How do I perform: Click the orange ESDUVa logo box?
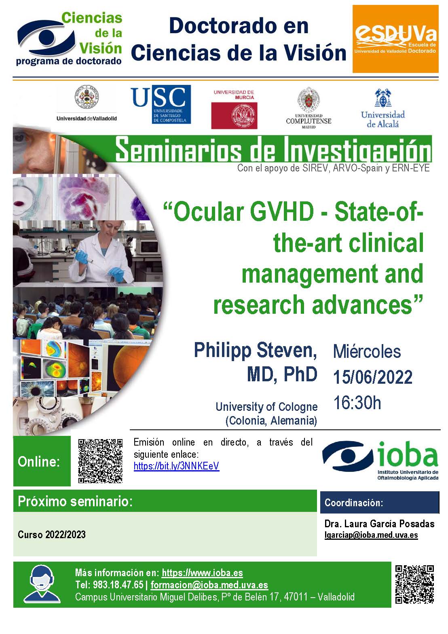pos(395,39)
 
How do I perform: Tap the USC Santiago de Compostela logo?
pos(161,104)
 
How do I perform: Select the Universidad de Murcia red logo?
pos(234,109)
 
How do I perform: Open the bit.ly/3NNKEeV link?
pos(176,466)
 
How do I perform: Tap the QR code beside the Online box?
pos(100,461)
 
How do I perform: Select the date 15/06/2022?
pos(373,377)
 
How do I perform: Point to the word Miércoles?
pos(367,351)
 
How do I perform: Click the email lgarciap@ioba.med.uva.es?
pos(371,535)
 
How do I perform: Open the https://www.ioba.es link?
pos(202,573)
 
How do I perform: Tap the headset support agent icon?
pos(42,584)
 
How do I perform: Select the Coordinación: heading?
pos(354,503)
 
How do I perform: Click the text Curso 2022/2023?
pos(51,535)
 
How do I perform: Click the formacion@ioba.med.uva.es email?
pos(209,585)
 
